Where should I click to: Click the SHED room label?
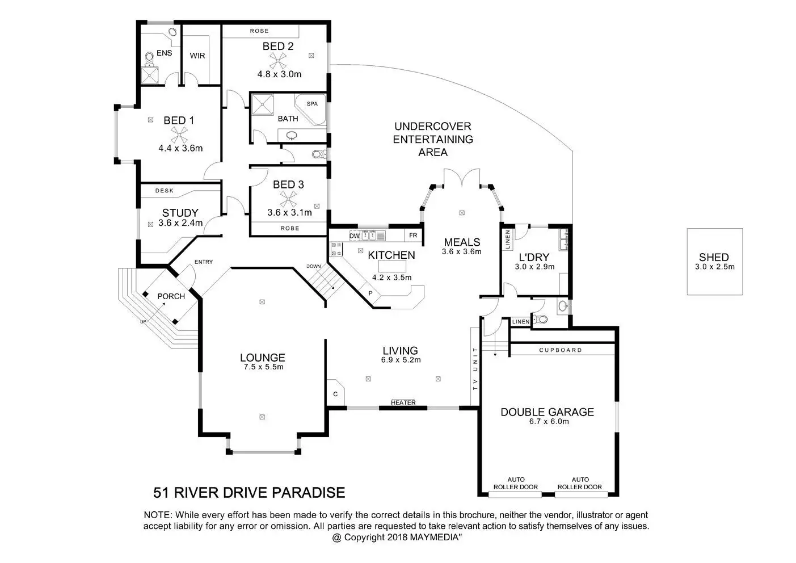714,257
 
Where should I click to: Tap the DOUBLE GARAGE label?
547,412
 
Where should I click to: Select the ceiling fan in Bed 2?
278,61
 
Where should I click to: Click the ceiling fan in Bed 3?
288,199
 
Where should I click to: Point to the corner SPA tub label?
312,104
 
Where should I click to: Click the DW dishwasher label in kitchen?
354,236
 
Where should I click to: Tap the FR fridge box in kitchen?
413,236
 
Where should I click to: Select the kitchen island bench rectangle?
392,266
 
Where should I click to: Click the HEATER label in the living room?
403,402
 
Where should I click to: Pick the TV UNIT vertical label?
475,369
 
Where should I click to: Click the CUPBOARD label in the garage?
561,350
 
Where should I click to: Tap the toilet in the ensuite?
150,60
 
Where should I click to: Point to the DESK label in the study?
165,191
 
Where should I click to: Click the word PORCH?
171,296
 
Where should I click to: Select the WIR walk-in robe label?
197,56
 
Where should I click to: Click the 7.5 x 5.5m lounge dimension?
263,367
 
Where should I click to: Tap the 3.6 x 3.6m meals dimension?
462,251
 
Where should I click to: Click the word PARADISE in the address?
309,493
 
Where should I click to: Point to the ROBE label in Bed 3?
290,228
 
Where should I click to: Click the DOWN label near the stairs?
313,266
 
